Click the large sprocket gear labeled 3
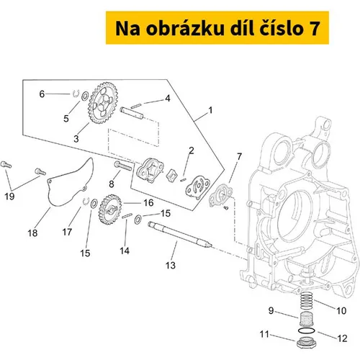pyautogui.click(x=103, y=103)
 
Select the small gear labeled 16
pyautogui.click(x=110, y=210)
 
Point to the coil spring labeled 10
pyautogui.click(x=307, y=300)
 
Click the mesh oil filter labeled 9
pyautogui.click(x=305, y=318)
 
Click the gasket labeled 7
pyautogui.click(x=220, y=197)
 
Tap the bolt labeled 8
pyautogui.click(x=123, y=166)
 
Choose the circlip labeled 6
pyautogui.click(x=76, y=94)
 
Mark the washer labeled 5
pyautogui.click(x=85, y=96)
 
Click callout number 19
pyautogui.click(x=9, y=197)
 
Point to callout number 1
pyautogui.click(x=210, y=110)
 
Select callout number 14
pyautogui.click(x=125, y=251)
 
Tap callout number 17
pyautogui.click(x=67, y=232)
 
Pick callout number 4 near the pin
pyautogui.click(x=167, y=98)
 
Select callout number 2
pyautogui.click(x=192, y=150)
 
